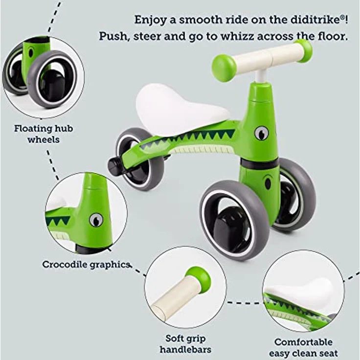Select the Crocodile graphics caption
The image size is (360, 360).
click(x=86, y=265)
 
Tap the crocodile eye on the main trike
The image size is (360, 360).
click(x=262, y=133)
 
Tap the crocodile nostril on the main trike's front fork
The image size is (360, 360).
click(x=268, y=183)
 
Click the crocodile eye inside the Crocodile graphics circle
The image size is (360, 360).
click(x=96, y=220)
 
